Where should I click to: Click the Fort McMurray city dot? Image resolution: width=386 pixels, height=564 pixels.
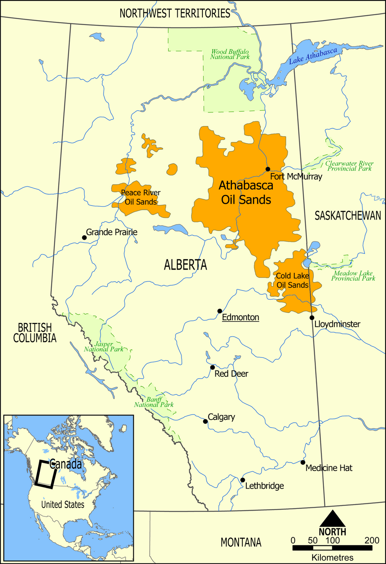(x=268, y=169)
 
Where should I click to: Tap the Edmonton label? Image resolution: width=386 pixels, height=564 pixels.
(x=240, y=317)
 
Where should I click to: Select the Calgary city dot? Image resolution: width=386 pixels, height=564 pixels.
(x=205, y=421)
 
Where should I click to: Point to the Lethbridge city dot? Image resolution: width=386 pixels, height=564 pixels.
(x=243, y=480)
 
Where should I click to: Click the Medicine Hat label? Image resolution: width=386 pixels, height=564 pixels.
(x=329, y=468)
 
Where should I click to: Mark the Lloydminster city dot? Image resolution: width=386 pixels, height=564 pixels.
(x=312, y=318)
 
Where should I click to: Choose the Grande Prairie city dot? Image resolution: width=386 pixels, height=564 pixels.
(x=84, y=238)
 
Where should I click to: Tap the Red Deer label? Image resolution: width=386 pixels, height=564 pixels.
(x=231, y=374)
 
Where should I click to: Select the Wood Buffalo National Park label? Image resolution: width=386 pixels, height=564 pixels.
(x=230, y=54)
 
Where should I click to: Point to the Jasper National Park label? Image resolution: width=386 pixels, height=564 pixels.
(x=104, y=347)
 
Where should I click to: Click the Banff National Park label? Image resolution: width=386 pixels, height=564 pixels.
(x=154, y=402)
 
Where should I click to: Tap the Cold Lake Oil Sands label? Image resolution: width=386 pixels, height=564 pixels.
(x=292, y=281)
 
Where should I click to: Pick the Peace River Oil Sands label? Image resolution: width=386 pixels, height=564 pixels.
(x=140, y=197)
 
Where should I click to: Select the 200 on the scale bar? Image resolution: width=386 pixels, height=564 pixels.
(x=372, y=541)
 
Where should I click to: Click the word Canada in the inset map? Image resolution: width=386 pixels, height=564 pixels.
(x=66, y=464)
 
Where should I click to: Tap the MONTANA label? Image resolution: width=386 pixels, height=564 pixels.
(x=241, y=542)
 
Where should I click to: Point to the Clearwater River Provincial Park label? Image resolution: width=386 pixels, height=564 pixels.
(x=349, y=166)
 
